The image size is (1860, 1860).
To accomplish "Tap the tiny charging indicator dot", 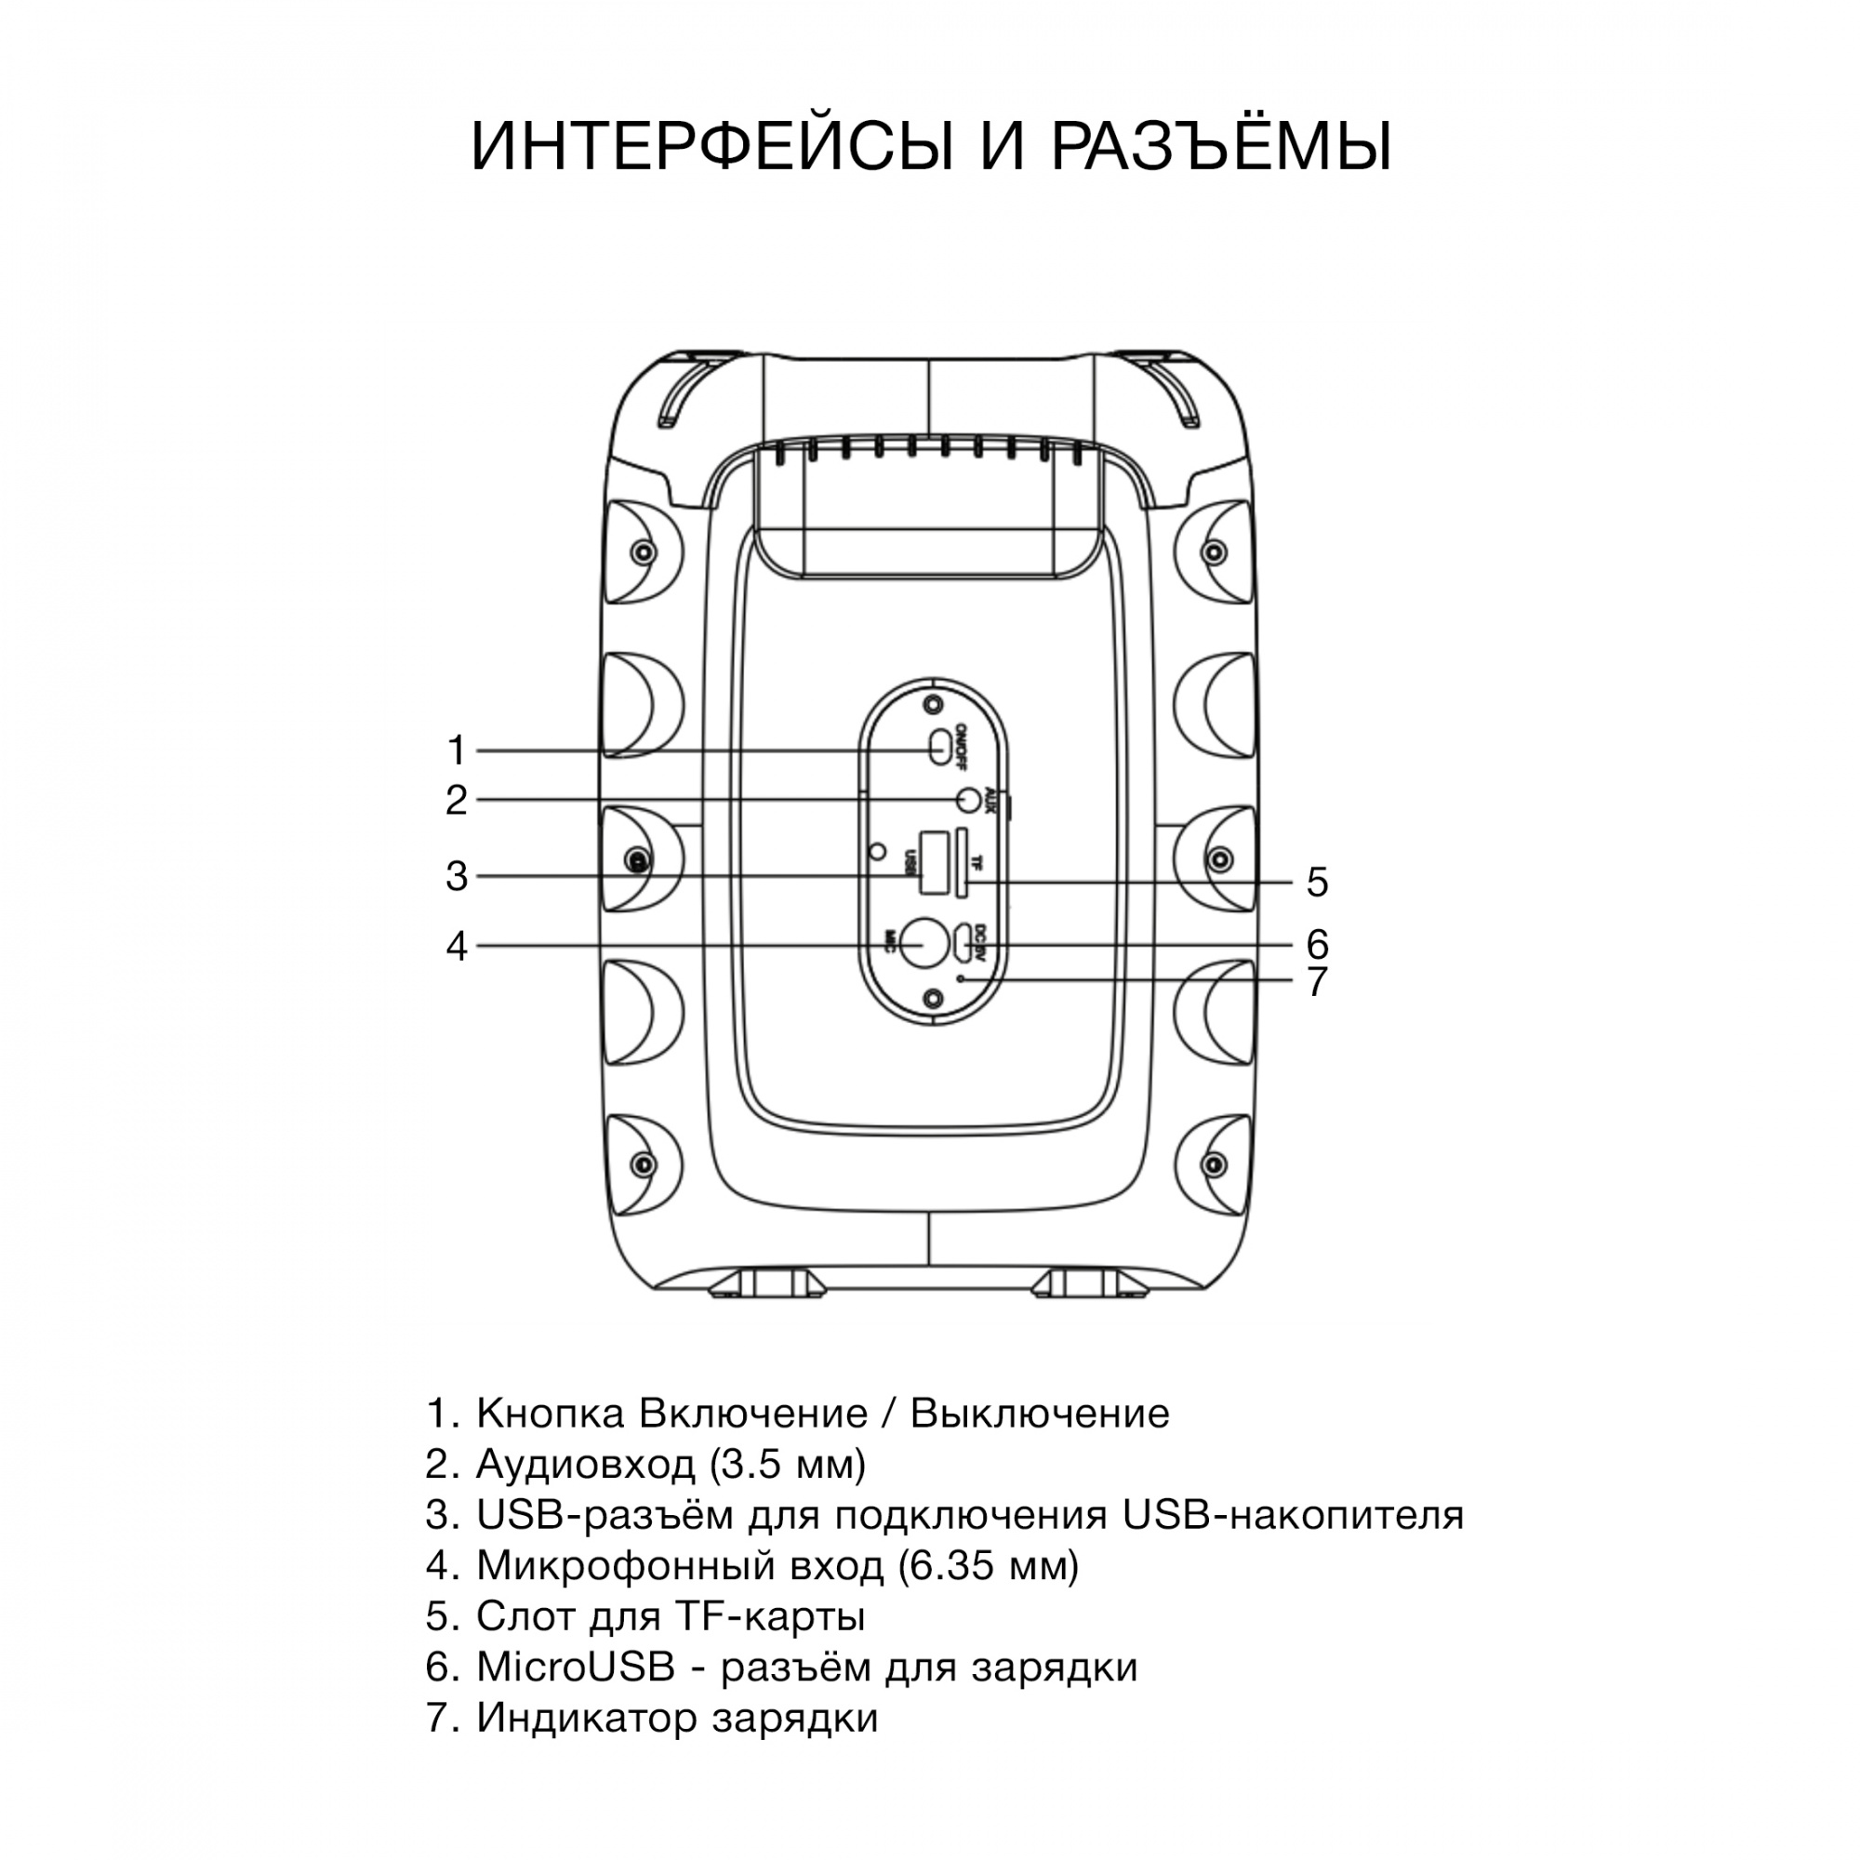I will [960, 979].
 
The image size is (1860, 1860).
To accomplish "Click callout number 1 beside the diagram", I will [457, 750].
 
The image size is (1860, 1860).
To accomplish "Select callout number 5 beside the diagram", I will [1317, 882].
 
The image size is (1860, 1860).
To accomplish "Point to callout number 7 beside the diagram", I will [1317, 982].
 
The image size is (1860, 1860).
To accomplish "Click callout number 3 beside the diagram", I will [457, 876].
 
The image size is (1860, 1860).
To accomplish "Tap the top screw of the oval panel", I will [931, 705].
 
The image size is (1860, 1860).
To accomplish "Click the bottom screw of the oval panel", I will [931, 998].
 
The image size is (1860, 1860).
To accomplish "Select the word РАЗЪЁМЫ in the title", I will [1221, 147].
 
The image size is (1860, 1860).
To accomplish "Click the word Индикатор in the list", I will [586, 1718].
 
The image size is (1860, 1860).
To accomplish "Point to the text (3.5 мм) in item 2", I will [788, 1465].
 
